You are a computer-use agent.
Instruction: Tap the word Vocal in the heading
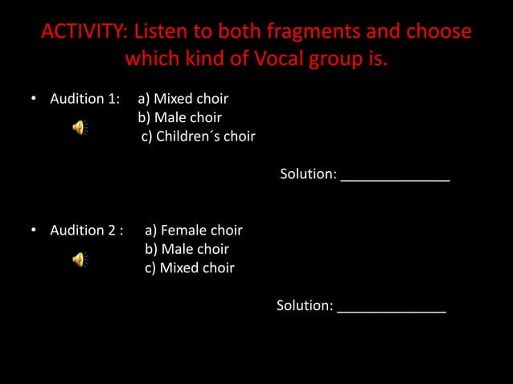point(259,59)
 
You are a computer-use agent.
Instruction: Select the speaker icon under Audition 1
point(80,127)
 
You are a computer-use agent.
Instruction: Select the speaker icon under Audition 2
point(80,259)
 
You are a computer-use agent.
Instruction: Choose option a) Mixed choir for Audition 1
point(183,100)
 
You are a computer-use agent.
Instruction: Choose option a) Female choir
point(194,231)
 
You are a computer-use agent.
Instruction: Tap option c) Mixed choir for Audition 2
point(190,268)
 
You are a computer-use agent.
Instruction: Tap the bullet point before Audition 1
point(34,100)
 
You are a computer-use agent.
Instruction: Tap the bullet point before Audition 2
point(34,231)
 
